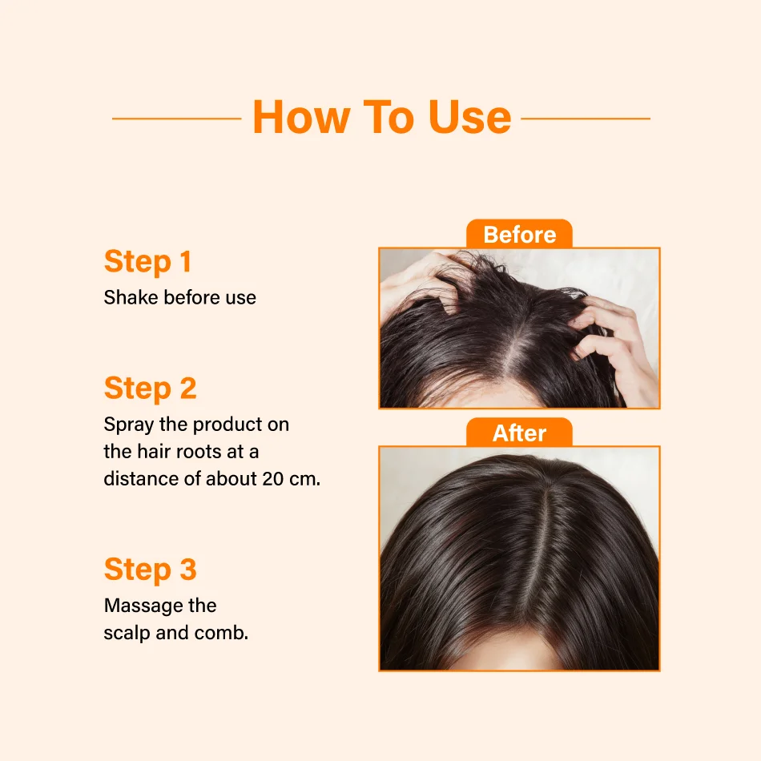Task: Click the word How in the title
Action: pyautogui.click(x=301, y=117)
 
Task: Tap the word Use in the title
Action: pyautogui.click(x=469, y=117)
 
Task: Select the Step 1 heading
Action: pyautogui.click(x=147, y=261)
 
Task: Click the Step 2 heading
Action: pyautogui.click(x=150, y=388)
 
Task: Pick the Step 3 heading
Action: pyautogui.click(x=150, y=569)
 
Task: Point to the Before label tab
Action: pyautogui.click(x=519, y=234)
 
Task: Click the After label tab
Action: pyautogui.click(x=519, y=432)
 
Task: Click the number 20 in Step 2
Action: pyautogui.click(x=272, y=478)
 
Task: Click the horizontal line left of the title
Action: pyautogui.click(x=177, y=118)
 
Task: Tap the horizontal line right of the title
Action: pyautogui.click(x=586, y=118)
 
